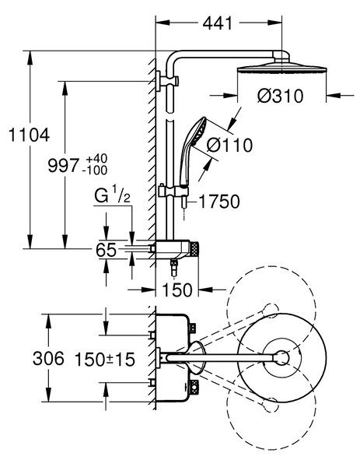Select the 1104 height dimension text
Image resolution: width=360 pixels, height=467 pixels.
click(x=29, y=135)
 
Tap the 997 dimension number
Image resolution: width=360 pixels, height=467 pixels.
click(x=64, y=166)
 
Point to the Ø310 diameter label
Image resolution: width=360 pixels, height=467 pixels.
click(x=281, y=97)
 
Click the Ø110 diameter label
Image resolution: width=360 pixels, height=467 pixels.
click(x=229, y=146)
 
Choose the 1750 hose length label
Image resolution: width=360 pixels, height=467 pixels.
click(x=219, y=202)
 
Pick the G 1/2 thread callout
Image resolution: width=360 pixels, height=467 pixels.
click(x=113, y=196)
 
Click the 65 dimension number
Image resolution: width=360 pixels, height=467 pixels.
click(x=106, y=250)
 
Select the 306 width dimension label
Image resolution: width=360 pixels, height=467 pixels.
click(x=48, y=358)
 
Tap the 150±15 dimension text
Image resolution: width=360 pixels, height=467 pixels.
click(x=105, y=360)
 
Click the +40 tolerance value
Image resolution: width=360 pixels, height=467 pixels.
click(x=96, y=159)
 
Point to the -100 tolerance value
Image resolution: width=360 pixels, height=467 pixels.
click(x=95, y=170)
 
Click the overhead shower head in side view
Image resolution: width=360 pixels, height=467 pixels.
click(x=281, y=67)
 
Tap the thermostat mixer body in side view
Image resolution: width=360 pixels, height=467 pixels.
click(x=174, y=249)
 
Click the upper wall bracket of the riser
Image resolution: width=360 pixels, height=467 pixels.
click(x=166, y=80)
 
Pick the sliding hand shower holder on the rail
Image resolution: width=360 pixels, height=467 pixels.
click(x=173, y=191)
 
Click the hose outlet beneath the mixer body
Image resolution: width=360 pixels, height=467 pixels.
click(x=173, y=267)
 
